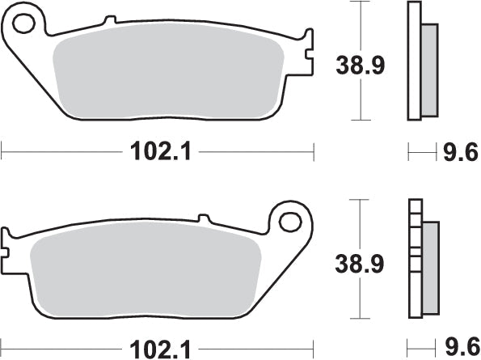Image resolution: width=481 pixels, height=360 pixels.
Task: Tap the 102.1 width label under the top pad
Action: click(x=158, y=150)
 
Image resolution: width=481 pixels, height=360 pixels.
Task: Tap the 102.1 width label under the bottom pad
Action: click(x=158, y=349)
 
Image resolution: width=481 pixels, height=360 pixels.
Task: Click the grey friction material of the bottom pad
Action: click(x=146, y=275)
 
